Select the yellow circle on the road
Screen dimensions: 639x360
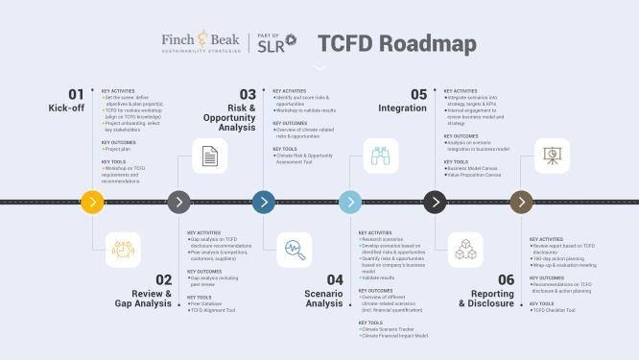tap(92, 202)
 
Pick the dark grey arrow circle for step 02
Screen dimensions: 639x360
tap(177, 202)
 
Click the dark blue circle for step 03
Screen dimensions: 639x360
tap(264, 202)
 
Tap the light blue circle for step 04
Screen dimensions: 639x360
tap(350, 202)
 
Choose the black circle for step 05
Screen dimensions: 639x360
tap(436, 202)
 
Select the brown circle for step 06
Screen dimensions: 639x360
tap(521, 202)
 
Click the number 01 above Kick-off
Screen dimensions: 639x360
tap(76, 94)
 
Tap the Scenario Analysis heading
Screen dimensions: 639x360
tap(324, 297)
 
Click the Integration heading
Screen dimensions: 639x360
tap(402, 108)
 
